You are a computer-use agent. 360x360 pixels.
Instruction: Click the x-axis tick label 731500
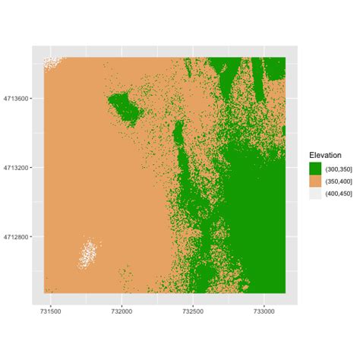tap(50, 311)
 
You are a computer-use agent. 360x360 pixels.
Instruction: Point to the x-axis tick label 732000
tap(122, 311)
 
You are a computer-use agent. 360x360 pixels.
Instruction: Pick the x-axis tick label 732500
tap(193, 311)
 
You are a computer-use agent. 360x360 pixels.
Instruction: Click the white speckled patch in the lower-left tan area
tap(89, 252)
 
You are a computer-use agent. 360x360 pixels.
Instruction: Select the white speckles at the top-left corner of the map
tap(51, 62)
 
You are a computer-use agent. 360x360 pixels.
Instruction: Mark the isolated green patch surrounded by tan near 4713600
tap(125, 107)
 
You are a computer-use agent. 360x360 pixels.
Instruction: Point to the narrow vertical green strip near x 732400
tap(178, 141)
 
